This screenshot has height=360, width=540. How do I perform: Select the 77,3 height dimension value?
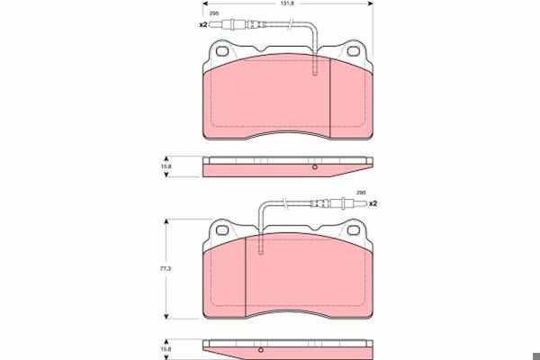coord(166,268)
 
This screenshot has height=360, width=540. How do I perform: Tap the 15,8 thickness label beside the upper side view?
coord(166,166)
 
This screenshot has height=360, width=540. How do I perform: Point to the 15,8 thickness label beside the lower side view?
coord(166,349)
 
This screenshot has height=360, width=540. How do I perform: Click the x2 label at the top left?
coord(203,24)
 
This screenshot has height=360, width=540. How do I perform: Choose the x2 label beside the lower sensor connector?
coord(373,203)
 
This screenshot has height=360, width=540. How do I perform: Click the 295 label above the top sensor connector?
coord(214,13)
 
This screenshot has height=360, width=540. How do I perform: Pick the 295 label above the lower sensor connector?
coord(361,193)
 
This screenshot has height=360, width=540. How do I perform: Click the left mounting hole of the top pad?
coord(222,51)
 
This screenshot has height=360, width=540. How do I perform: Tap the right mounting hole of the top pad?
coord(354,51)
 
